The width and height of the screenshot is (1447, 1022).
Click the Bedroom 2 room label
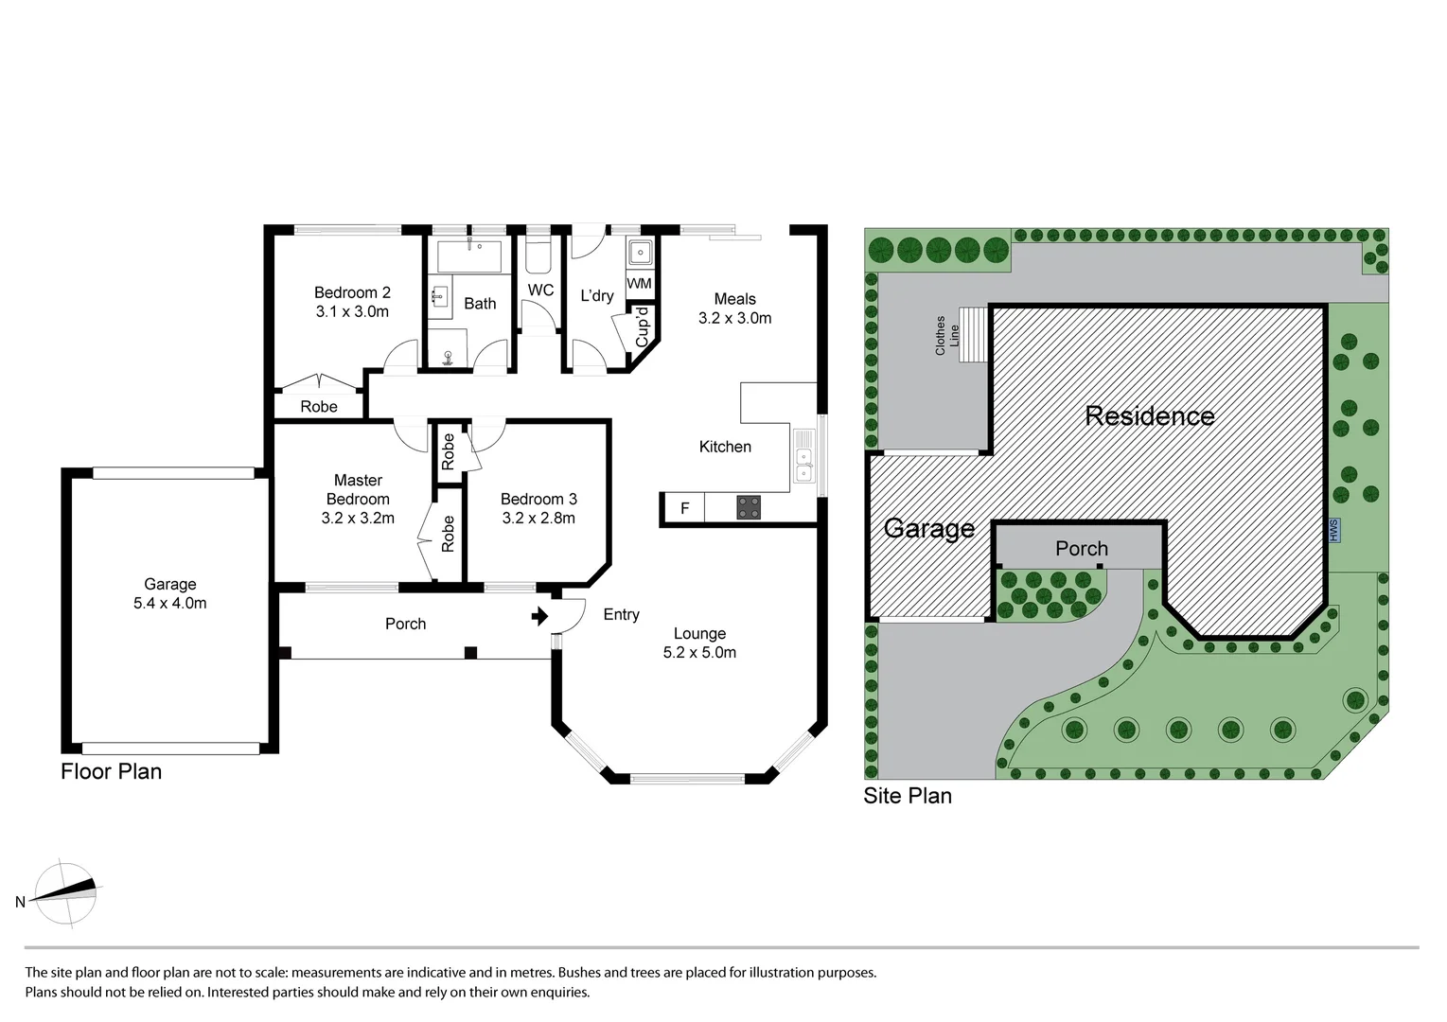(x=352, y=293)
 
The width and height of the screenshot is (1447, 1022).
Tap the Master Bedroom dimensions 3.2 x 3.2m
(x=358, y=519)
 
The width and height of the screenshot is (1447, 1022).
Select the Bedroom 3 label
(x=538, y=500)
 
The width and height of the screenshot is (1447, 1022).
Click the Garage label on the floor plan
(x=170, y=585)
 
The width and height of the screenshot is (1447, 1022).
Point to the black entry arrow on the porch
(x=539, y=617)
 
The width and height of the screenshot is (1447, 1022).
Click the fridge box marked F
(x=685, y=509)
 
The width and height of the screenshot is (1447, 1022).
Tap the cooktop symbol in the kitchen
(x=749, y=508)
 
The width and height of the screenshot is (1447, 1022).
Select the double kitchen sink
(x=803, y=457)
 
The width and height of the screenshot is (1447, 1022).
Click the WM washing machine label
(x=640, y=284)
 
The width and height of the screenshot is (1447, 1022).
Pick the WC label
(x=540, y=291)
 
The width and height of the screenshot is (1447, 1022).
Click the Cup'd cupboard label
(x=643, y=326)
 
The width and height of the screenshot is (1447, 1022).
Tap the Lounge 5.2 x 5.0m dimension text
(x=699, y=653)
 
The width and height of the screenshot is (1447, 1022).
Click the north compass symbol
(x=64, y=893)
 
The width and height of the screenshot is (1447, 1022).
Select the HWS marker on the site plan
(x=1334, y=530)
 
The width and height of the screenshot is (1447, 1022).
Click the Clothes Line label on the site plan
(x=947, y=335)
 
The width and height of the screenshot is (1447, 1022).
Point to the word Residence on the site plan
(x=1150, y=416)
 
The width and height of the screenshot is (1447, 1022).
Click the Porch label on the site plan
(x=1082, y=549)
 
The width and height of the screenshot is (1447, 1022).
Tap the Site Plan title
(x=908, y=796)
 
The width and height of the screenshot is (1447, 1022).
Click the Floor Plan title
(x=112, y=771)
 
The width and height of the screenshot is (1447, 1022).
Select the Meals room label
(x=735, y=299)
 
